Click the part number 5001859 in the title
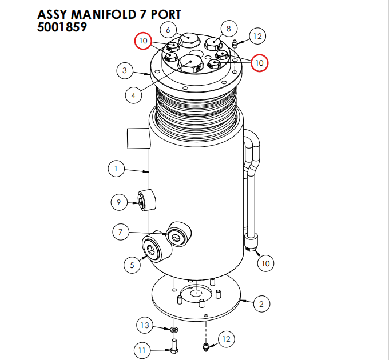tap(62, 27)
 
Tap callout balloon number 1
tap(116, 169)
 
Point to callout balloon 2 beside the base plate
tap(261, 304)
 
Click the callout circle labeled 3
tap(125, 71)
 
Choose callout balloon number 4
tap(133, 95)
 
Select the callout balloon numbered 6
tap(168, 30)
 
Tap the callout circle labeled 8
tap(228, 29)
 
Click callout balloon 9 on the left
tap(119, 202)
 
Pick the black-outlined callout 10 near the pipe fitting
tap(265, 263)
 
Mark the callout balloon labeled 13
tap(145, 326)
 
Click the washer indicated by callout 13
tap(173, 330)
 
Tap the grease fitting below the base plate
tap(206, 346)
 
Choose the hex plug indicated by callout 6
tap(189, 41)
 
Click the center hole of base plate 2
tap(196, 294)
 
